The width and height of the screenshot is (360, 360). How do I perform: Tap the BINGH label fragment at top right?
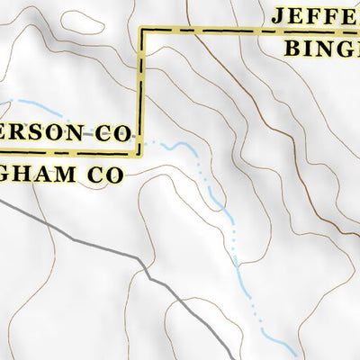click(x=322, y=47)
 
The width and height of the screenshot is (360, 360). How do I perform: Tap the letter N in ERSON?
click(x=78, y=132)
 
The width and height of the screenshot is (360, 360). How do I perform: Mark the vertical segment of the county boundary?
click(x=141, y=90)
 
